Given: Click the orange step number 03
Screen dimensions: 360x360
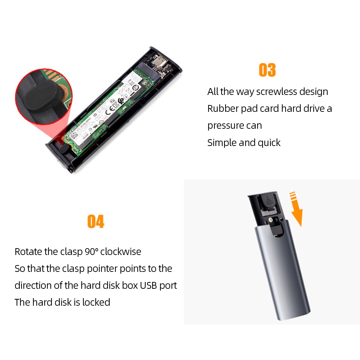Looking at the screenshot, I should (x=267, y=70).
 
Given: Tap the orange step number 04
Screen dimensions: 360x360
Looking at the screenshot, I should (x=96, y=222).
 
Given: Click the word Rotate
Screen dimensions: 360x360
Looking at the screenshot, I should (x=28, y=251).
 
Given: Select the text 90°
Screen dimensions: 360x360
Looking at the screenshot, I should (x=91, y=251).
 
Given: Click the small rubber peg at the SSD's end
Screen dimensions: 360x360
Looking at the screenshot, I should (x=63, y=148).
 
